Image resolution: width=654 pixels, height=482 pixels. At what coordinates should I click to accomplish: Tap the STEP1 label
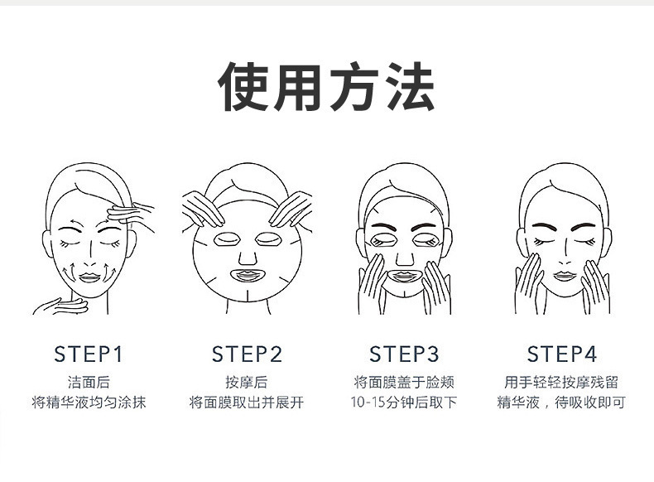[88, 354]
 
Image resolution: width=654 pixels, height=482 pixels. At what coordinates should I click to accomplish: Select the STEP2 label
[247, 354]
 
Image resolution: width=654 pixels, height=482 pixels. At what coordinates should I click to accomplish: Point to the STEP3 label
[404, 354]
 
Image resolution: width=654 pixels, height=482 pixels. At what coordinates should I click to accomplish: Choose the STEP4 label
[562, 354]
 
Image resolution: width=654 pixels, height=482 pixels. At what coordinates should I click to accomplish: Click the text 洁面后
[89, 383]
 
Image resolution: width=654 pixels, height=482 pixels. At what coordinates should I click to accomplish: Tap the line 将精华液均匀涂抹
[89, 403]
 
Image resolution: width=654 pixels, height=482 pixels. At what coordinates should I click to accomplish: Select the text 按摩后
[247, 383]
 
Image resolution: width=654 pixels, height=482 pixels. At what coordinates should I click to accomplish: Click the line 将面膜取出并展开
[247, 403]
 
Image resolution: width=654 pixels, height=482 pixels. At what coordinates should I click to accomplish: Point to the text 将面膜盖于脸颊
[404, 383]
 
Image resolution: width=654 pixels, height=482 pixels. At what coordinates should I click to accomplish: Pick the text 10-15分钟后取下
[404, 403]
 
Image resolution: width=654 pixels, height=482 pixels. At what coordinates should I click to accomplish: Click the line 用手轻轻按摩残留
[562, 383]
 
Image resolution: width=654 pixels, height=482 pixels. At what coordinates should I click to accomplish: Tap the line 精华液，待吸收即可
[562, 403]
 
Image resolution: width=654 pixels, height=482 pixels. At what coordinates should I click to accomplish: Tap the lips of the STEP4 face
[563, 275]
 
